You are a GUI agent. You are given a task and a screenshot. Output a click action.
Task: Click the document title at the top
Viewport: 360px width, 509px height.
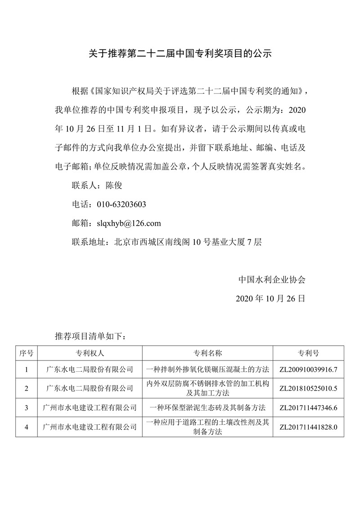180,54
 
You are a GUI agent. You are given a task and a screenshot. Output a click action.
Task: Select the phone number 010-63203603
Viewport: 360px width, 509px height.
121,204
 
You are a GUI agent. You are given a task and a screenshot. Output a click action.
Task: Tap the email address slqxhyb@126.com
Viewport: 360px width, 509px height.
126,223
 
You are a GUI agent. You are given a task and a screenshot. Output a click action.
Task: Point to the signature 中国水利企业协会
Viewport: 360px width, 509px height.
272,279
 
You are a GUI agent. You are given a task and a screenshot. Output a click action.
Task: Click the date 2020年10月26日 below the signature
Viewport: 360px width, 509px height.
270,298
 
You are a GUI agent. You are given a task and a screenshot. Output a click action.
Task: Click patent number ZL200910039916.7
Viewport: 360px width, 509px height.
308,369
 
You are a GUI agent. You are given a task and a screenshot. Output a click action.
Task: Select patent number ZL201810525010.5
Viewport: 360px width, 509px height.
308,388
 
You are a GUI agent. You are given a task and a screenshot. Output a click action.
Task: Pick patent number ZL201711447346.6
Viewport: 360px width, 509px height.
308,408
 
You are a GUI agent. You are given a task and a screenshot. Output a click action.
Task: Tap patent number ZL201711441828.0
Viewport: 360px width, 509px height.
308,427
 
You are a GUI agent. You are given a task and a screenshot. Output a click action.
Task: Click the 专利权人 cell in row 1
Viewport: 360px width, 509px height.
90,369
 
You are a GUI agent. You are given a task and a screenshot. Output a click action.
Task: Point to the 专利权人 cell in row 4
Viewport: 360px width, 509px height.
90,427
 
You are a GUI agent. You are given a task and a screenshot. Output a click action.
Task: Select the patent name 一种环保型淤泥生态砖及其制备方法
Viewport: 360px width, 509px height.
207,408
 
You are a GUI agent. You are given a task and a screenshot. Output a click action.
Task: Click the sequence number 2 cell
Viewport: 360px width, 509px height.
27,388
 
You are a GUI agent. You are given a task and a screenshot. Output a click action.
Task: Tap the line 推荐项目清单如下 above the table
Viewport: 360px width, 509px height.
93,336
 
